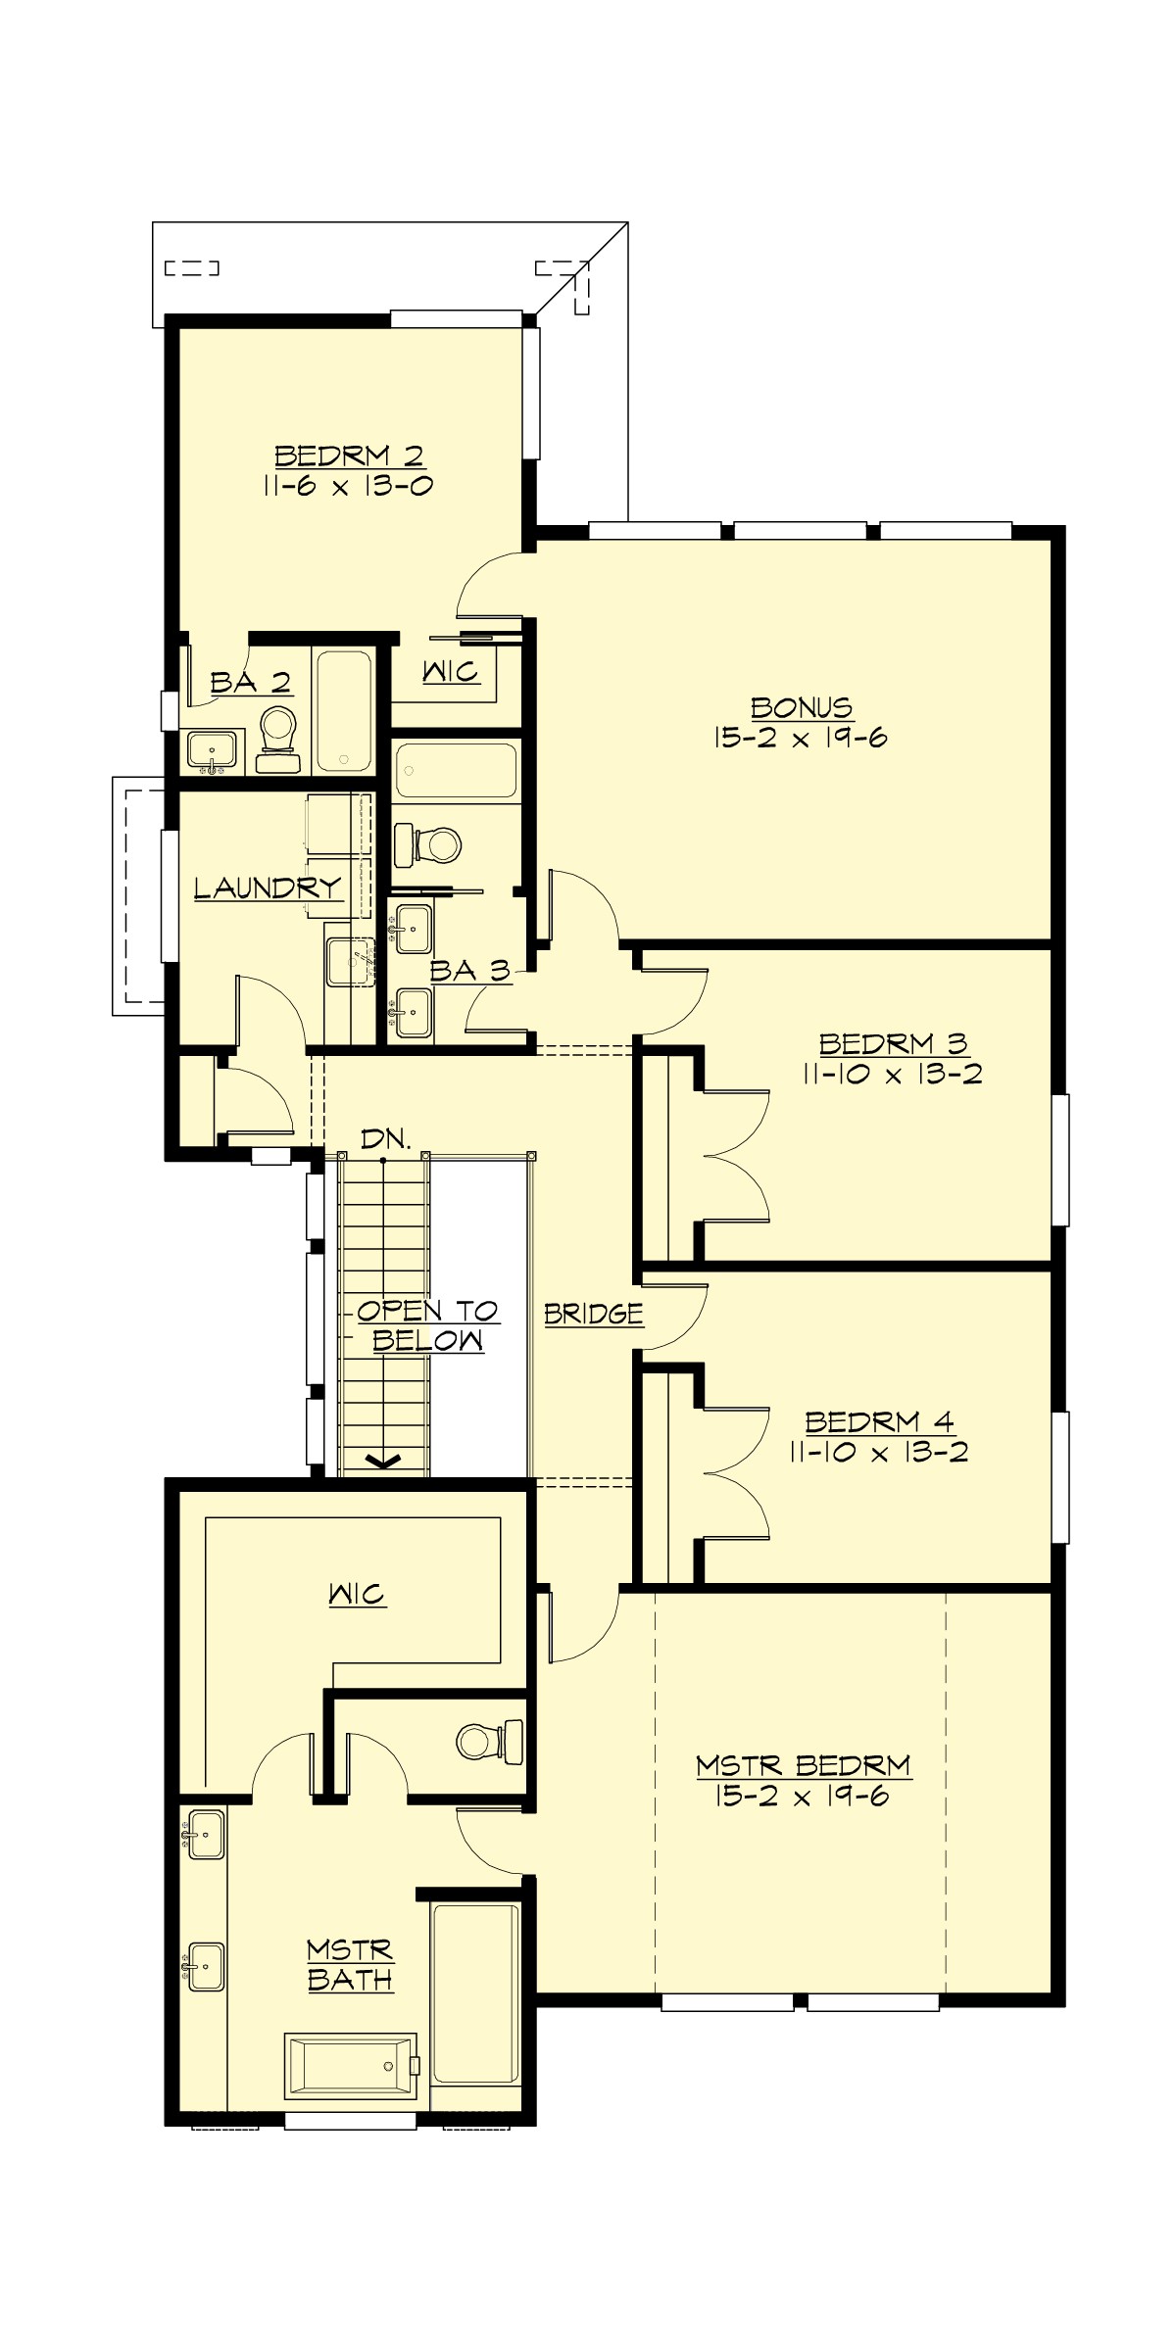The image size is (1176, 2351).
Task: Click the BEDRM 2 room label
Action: point(349,456)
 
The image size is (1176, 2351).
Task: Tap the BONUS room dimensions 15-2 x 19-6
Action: point(801,737)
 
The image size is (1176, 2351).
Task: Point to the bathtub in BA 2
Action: point(342,710)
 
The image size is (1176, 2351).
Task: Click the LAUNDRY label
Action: point(268,888)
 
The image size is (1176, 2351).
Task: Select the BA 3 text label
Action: point(470,971)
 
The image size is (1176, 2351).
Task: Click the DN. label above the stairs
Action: point(385,1138)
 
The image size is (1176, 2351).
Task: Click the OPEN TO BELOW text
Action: point(427,1325)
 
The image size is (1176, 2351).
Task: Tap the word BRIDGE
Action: point(594,1314)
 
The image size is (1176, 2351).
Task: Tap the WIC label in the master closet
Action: point(358,1594)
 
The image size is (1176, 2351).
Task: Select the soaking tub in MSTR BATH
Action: point(351,2068)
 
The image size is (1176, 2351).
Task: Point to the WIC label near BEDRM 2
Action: point(451,672)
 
